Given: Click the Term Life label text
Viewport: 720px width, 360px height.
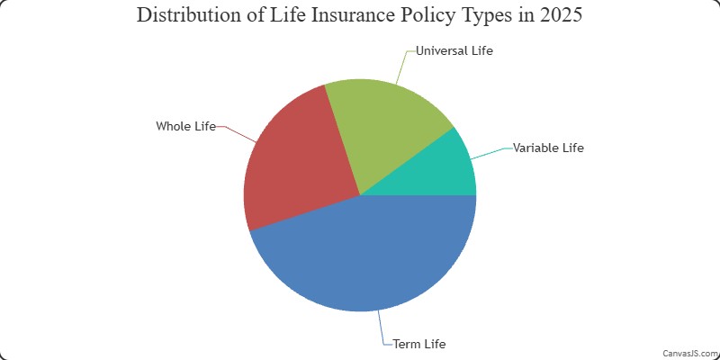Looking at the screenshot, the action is click(x=419, y=344).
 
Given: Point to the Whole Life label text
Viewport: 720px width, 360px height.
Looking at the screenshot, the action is click(x=185, y=126).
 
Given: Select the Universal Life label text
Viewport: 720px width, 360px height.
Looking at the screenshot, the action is click(x=454, y=50).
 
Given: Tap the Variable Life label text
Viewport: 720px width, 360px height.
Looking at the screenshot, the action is click(x=548, y=148).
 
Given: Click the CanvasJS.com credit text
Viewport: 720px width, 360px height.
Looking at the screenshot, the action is click(x=690, y=353).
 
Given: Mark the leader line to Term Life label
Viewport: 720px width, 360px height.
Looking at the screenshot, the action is click(x=383, y=328).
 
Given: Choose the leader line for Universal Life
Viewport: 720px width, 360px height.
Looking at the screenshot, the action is click(x=404, y=67).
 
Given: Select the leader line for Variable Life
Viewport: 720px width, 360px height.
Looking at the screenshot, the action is click(x=491, y=154).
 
